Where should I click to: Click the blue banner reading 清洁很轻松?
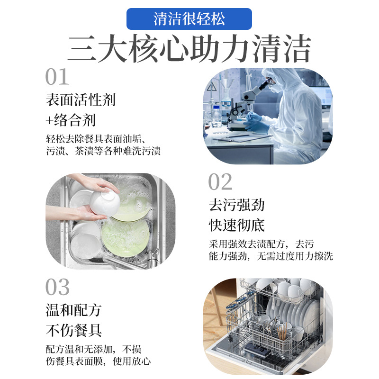tap(189, 19)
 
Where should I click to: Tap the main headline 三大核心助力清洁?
tap(189, 49)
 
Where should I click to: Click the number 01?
tap(57, 77)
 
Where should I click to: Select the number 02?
tap(220, 182)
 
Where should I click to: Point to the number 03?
tap(57, 288)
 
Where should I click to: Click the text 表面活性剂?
tap(81, 99)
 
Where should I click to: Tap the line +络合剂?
tap(71, 120)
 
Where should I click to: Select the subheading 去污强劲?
tap(236, 205)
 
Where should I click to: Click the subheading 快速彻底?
tap(236, 225)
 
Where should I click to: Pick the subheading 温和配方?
tap(73, 310)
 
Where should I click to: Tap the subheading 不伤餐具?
tap(73, 330)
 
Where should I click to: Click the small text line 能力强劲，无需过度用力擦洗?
tap(271, 256)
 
